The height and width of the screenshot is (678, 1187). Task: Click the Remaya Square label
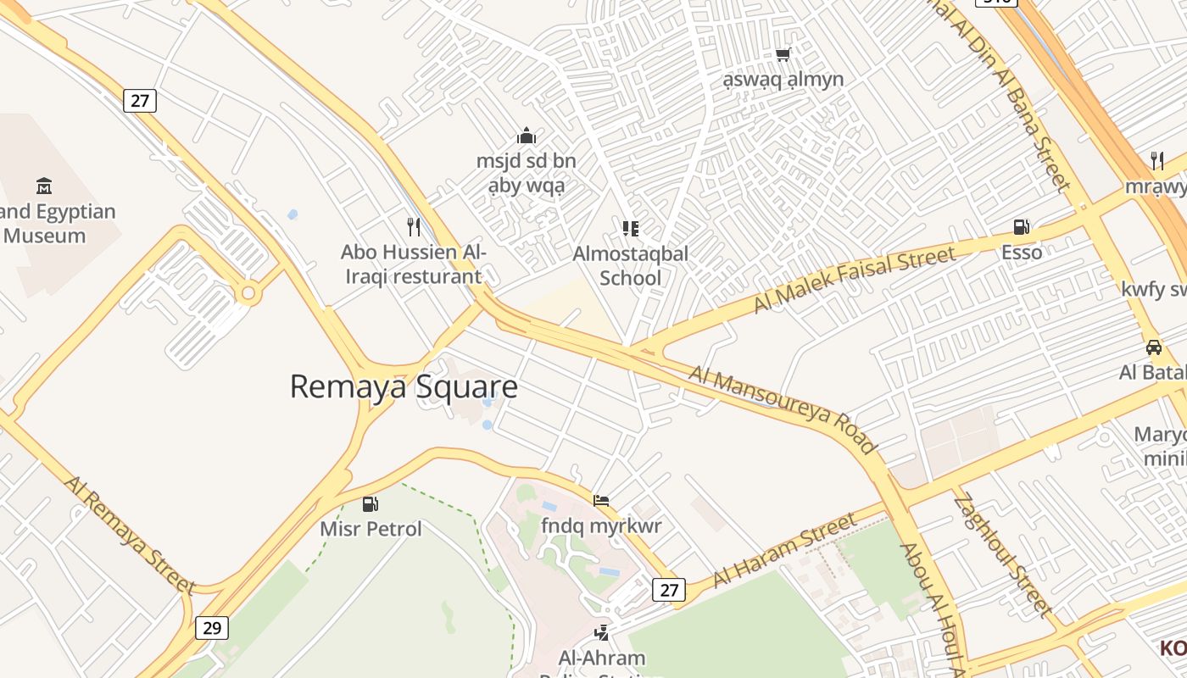point(404,386)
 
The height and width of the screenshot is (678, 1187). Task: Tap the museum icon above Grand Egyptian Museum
point(43,186)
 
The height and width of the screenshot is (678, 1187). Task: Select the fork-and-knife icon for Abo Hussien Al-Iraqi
point(414,226)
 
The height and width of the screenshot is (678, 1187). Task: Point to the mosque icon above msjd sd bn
point(527,136)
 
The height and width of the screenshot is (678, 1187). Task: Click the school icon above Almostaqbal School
point(630,228)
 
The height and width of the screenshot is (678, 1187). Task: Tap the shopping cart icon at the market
point(783,54)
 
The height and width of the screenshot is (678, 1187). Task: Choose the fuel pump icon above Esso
point(1022,226)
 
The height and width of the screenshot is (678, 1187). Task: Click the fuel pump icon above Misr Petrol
point(371,503)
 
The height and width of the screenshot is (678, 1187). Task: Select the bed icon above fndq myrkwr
point(601,500)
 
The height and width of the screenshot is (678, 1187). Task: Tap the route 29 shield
point(212,627)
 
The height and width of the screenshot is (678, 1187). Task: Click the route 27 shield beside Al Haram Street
point(668,590)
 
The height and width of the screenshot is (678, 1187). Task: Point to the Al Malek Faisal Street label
point(855,279)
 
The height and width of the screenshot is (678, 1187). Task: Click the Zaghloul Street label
point(1002,554)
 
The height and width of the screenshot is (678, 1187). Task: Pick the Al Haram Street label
point(784,550)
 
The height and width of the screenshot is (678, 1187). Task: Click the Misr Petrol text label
point(371,529)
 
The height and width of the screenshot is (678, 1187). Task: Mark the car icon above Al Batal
point(1153,347)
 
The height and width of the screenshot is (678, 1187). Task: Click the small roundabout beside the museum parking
point(248,294)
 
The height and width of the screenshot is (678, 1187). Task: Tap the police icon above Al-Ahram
point(602,631)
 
